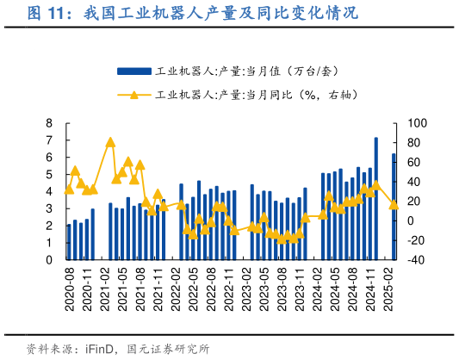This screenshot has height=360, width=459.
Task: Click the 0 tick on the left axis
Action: (49, 259)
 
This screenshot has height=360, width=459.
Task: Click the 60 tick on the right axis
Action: (413, 162)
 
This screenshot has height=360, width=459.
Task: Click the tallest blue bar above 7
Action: (376, 198)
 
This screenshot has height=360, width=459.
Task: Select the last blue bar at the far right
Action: (394, 207)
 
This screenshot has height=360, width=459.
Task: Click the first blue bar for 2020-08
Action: (69, 241)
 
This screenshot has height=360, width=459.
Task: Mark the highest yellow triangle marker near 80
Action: (110, 142)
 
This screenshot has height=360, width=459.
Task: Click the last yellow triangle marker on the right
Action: (394, 204)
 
